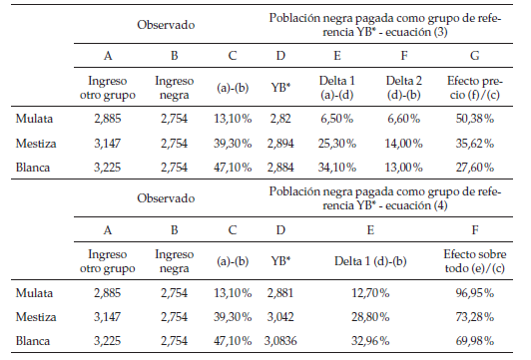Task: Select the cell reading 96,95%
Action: click(474, 295)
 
